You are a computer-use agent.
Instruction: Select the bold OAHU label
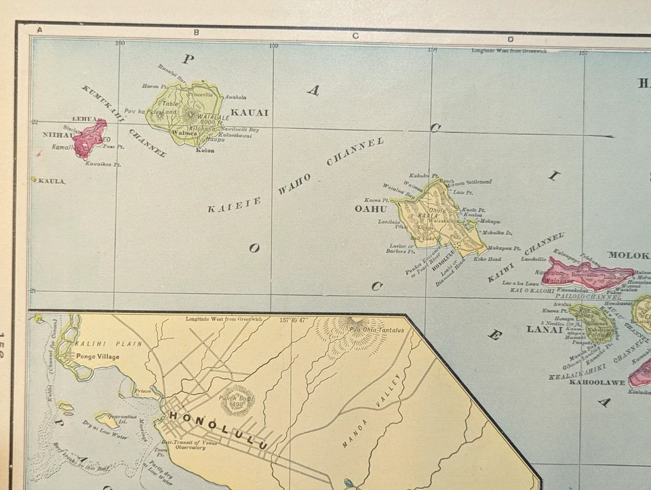(x=370, y=209)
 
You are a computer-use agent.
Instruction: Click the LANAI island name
(x=545, y=330)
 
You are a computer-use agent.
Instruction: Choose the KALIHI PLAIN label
(x=119, y=344)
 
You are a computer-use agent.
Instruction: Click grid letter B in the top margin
(x=196, y=32)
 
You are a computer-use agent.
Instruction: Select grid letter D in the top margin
(x=510, y=39)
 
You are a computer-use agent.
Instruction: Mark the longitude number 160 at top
(x=120, y=44)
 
